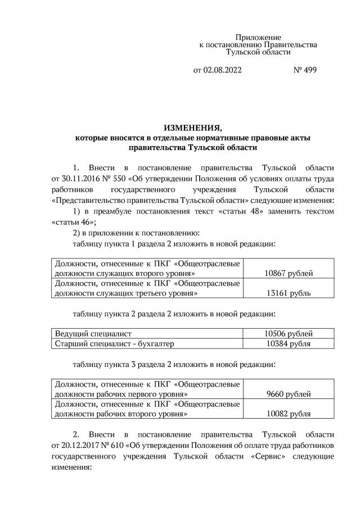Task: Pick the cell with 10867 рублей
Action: tap(289, 274)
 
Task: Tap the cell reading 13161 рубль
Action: tap(289, 293)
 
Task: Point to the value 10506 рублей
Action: tap(289, 334)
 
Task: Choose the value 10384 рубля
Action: tap(289, 343)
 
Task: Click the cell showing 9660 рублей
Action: tap(289, 394)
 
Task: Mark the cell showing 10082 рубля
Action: tap(289, 414)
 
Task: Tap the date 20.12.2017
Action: tap(69, 446)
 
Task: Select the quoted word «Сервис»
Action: tap(256, 456)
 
